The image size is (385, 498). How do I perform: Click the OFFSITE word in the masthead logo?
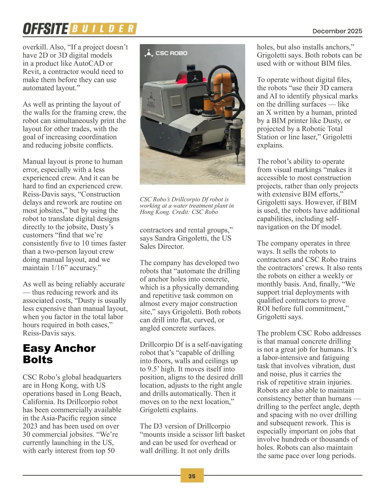coord(45,29)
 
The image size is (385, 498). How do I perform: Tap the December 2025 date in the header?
coord(337,31)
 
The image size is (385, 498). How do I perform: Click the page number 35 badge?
coord(192,476)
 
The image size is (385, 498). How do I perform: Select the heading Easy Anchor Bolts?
coord(59,354)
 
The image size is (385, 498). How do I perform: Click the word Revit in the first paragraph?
coord(31,72)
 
